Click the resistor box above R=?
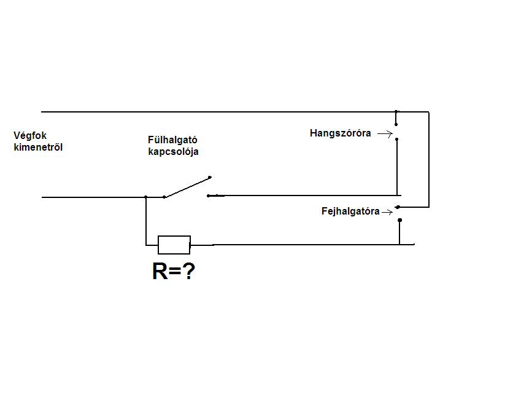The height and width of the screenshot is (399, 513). [174, 245]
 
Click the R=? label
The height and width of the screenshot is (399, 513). [173, 271]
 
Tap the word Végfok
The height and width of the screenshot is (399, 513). [29, 135]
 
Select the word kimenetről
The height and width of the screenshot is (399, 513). [38, 147]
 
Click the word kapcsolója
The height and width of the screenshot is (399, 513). [173, 151]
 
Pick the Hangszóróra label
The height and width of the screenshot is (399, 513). [340, 133]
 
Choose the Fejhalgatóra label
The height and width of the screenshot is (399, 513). [350, 211]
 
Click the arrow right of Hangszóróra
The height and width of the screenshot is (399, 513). [385, 133]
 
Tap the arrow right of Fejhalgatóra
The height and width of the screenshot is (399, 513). [387, 212]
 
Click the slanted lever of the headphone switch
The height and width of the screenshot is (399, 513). [187, 187]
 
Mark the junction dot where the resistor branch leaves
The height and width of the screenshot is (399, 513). [145, 197]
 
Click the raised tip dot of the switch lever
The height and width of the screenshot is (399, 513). [210, 177]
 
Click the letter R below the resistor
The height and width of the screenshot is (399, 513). [160, 271]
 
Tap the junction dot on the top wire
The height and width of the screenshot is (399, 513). [396, 113]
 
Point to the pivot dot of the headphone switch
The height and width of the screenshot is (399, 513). [164, 197]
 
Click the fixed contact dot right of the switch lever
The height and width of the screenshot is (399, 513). [208, 196]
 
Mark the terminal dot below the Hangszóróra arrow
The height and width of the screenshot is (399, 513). [397, 140]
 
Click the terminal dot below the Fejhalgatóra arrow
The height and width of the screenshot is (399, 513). [399, 219]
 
